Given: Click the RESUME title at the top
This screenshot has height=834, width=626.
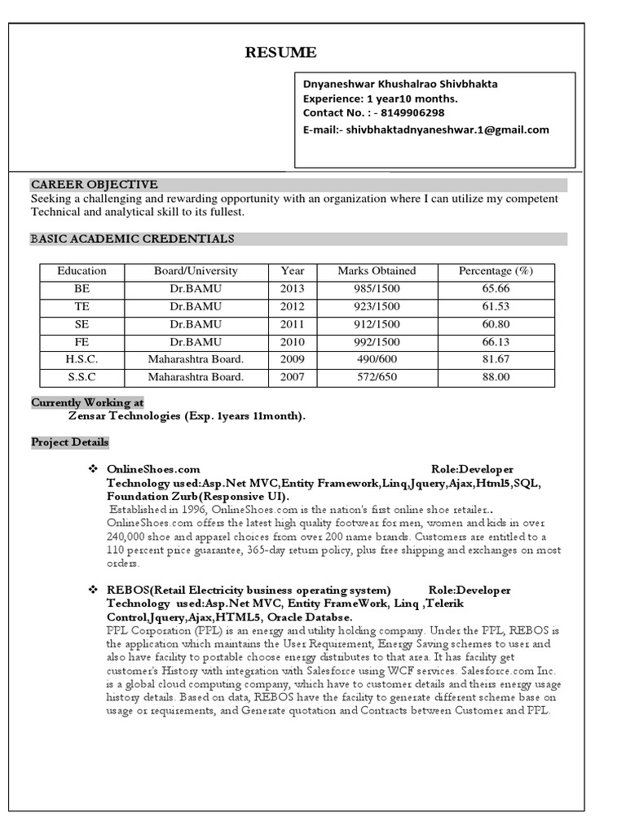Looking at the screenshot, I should tap(281, 53).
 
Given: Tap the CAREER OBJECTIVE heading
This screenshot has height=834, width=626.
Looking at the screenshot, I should tap(95, 185).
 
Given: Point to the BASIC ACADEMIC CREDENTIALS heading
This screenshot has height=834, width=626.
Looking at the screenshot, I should tap(132, 239).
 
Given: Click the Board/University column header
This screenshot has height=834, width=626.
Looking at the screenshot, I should tap(196, 271).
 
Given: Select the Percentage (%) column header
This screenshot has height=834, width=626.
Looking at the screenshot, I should tap(496, 271).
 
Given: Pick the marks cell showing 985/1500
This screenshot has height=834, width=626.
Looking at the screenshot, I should tap(377, 288).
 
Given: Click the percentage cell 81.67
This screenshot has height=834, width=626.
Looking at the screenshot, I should tap(496, 359).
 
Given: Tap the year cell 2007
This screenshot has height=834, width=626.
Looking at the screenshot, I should tap(292, 377).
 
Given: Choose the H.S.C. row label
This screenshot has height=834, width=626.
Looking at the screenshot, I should tap(82, 359).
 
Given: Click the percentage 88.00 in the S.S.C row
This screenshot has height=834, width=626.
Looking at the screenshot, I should tap(496, 377).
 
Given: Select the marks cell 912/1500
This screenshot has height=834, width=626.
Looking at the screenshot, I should tap(377, 324).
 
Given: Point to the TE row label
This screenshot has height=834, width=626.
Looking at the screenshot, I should tap(82, 306).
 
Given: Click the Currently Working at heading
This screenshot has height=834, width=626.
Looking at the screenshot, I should tap(87, 402).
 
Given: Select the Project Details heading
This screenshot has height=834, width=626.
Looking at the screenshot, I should tap(69, 442).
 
